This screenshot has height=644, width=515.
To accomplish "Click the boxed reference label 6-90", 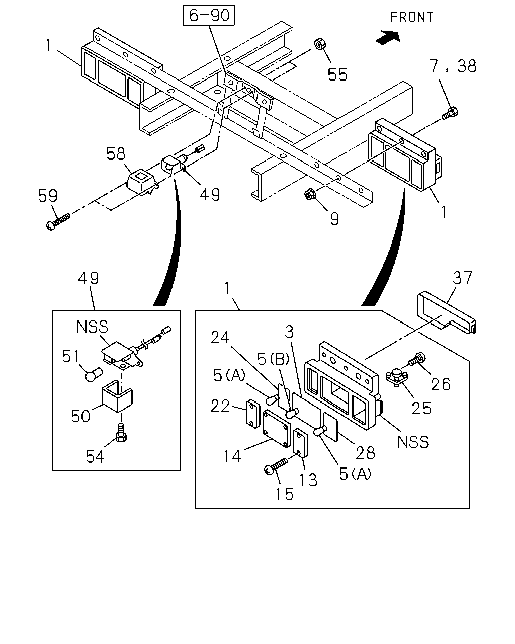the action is tap(209, 15).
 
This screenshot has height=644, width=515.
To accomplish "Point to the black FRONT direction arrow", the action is tap(388, 38).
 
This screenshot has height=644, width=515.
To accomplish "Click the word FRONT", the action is tap(412, 17).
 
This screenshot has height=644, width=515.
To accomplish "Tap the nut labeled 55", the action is tap(320, 44).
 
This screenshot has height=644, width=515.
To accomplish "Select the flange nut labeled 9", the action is tap(308, 195).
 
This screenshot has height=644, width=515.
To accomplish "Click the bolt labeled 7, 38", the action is tap(450, 113).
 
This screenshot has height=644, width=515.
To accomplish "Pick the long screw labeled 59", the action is tap(58, 222).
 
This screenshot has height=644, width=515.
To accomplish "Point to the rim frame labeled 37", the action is tap(447, 313).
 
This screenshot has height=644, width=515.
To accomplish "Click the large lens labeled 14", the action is tap(277, 429).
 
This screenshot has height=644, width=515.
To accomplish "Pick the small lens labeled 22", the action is tap(253, 414).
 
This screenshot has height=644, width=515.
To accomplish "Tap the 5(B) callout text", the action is tap(273, 359).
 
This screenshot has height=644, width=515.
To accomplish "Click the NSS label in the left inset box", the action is tap(92, 327).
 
